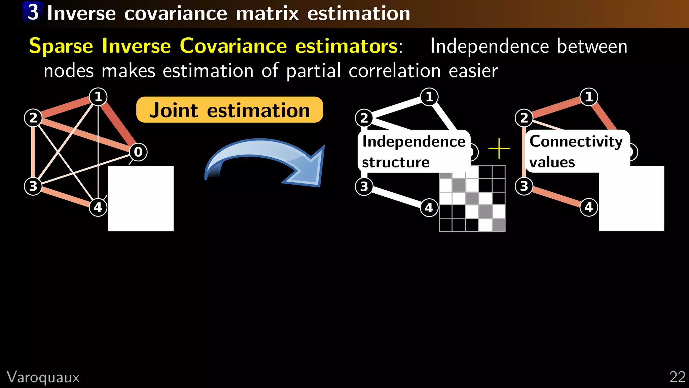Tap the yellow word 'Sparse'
(x=61, y=46)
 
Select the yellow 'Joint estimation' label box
(x=229, y=110)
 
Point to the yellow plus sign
(x=499, y=148)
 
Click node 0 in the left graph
(x=138, y=152)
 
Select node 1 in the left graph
(x=98, y=97)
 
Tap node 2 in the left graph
(x=33, y=118)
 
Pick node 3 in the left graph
(x=33, y=186)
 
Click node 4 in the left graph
(x=98, y=207)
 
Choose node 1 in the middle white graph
(x=429, y=97)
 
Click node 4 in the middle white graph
(x=429, y=207)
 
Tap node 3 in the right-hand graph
(x=524, y=186)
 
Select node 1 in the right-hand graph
(x=589, y=97)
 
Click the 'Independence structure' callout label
(x=413, y=152)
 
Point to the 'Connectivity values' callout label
(x=576, y=152)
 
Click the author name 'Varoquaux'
(x=43, y=377)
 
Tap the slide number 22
(x=677, y=377)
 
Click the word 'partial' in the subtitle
(x=313, y=71)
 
